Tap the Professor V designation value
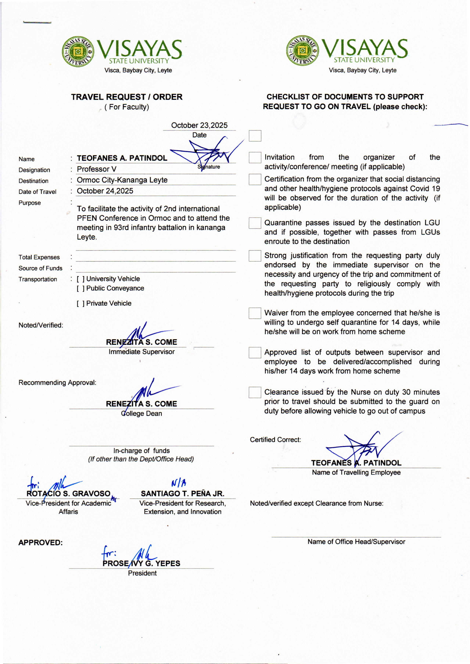(97, 169)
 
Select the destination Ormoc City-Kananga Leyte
(122, 180)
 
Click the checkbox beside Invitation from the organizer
(255, 158)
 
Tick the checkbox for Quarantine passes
(255, 223)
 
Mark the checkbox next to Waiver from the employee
(255, 313)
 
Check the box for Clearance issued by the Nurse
(255, 392)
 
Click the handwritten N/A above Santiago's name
(179, 483)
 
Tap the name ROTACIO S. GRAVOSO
(69, 494)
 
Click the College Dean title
(142, 413)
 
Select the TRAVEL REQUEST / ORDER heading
(127, 97)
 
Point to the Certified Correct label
(275, 440)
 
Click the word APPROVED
(41, 542)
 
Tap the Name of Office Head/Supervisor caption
(356, 542)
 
